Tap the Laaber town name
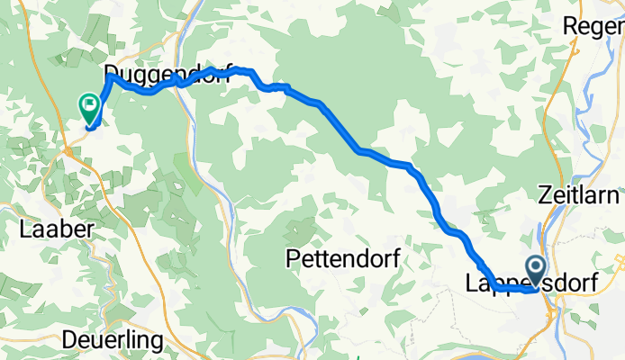click(56, 229)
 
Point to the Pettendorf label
click(342, 259)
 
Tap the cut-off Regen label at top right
click(594, 27)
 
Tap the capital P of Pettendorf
click(293, 259)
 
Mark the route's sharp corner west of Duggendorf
click(110, 77)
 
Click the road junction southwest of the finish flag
click(68, 153)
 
